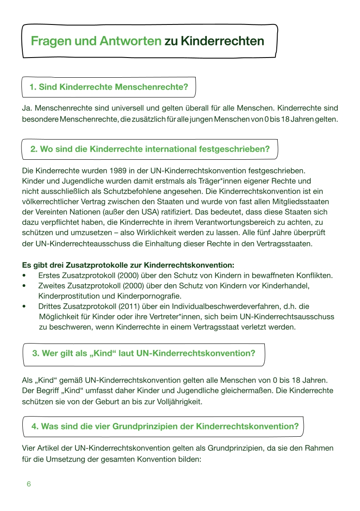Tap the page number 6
[x=29, y=484]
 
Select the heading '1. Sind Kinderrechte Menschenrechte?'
[x=109, y=87]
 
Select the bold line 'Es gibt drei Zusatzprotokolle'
[x=128, y=265]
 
